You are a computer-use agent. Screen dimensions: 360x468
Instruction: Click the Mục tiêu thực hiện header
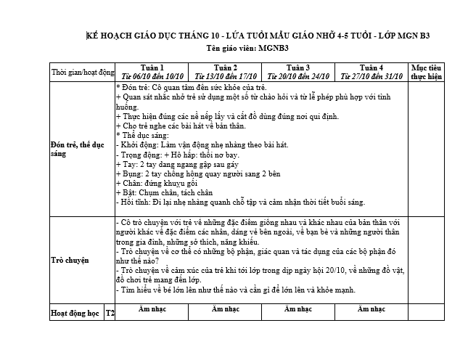click(426, 71)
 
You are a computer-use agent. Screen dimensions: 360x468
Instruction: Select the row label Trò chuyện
click(70, 258)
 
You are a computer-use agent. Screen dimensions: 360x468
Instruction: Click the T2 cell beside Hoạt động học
click(110, 314)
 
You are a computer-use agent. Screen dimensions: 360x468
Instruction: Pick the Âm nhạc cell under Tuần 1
click(152, 309)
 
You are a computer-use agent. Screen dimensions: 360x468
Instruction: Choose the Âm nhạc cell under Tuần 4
click(371, 309)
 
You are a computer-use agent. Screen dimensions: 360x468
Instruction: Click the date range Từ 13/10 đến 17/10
click(226, 75)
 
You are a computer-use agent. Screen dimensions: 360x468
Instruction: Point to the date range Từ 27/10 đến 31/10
click(371, 75)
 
